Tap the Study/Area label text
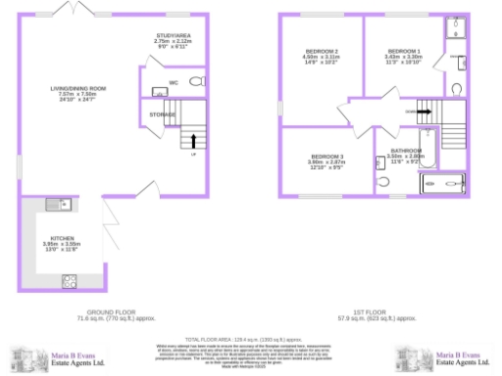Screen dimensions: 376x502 pos(173,38)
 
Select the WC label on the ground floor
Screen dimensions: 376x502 pos(173,81)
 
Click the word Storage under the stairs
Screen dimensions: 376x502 pos(163,115)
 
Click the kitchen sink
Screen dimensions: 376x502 pos(54,205)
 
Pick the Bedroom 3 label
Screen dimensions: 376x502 pos(326,158)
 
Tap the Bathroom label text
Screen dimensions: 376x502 pos(405,153)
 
